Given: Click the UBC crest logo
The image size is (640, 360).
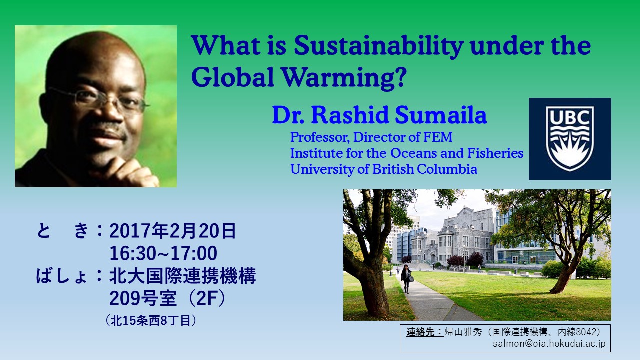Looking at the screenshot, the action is coord(570,139).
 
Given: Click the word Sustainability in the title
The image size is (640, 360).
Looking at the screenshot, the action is coord(379,46).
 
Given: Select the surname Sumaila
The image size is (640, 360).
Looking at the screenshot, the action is coord(441,115).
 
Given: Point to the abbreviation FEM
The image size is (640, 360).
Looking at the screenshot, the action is coord(438,137).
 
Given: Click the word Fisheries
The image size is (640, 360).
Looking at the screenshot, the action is coord(495,153).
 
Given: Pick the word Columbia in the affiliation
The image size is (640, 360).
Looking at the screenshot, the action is coord(447,169).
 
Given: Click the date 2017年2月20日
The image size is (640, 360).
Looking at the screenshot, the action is coord(173,231).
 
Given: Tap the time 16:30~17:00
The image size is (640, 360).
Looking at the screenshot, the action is coord(163,253).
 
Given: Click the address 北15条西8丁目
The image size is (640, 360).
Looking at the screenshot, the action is coord(150,321).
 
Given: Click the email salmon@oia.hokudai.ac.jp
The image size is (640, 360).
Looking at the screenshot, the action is coord(549,343).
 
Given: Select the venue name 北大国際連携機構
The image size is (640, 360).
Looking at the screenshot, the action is coord(182,276).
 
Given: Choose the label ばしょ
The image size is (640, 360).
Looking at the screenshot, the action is coord(61,276).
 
